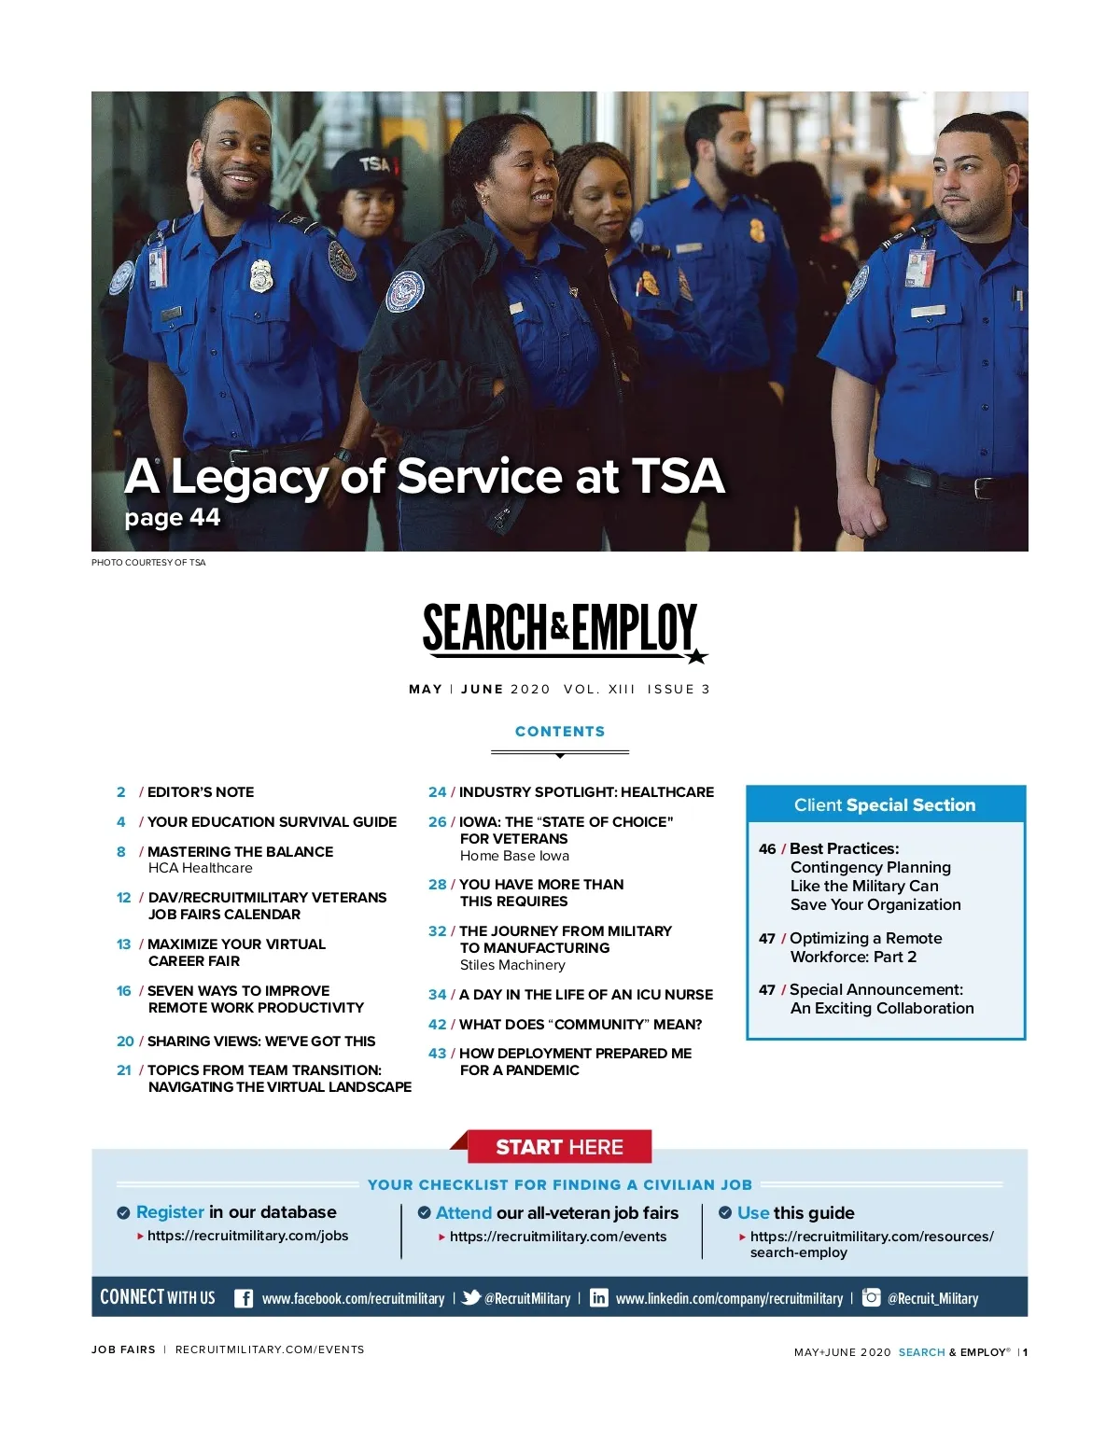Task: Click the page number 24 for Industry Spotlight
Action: [x=437, y=792]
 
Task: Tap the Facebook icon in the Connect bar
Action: [x=244, y=1298]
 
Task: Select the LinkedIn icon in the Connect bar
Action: [x=599, y=1298]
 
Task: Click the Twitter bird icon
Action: [x=471, y=1297]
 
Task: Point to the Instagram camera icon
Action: [x=871, y=1297]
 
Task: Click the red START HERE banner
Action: [x=559, y=1147]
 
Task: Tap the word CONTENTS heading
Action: [x=560, y=732]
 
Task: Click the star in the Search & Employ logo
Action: [x=696, y=656]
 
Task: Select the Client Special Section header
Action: [x=885, y=804]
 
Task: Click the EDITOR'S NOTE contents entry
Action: [x=201, y=792]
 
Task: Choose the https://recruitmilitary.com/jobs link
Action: [x=247, y=1236]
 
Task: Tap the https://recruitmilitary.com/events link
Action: [x=558, y=1237]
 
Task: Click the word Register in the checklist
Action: [x=170, y=1212]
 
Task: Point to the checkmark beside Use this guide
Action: [x=725, y=1213]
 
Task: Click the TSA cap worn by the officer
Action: [x=374, y=167]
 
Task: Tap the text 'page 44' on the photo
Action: [x=173, y=517]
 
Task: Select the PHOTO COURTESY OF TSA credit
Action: [x=148, y=562]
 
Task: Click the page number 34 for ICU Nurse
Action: [x=437, y=995]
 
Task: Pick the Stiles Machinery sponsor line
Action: [x=512, y=965]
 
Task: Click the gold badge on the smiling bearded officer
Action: [x=261, y=276]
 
